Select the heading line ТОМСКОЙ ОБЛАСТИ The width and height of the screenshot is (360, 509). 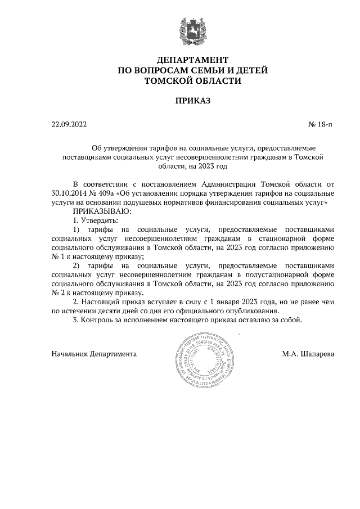[x=192, y=81]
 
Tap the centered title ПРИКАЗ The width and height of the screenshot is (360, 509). [x=192, y=101]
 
